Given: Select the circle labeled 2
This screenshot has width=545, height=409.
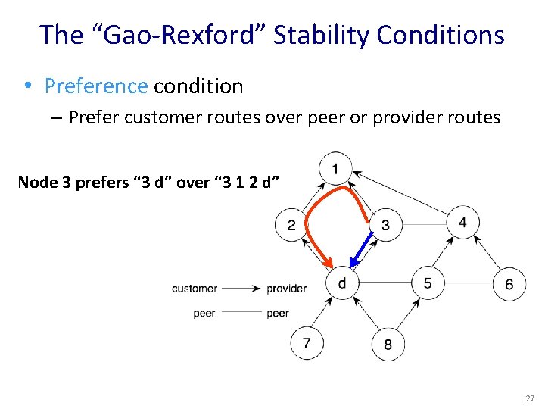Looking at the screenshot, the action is [291, 225].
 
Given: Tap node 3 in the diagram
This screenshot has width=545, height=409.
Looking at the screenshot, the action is [386, 225].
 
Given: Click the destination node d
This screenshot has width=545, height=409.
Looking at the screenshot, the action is [343, 283].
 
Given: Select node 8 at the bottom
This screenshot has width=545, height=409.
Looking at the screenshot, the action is [388, 345].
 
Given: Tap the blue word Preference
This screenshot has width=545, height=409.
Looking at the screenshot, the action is [96, 86].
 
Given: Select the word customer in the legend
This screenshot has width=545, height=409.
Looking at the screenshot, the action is [195, 289].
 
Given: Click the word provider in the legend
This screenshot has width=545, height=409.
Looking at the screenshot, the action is [287, 289].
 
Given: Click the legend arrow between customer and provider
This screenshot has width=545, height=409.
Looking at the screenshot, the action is [241, 289].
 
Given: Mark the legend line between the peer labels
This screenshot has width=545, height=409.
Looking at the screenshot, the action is [241, 313].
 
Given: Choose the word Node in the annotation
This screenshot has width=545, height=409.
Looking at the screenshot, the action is [36, 183].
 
